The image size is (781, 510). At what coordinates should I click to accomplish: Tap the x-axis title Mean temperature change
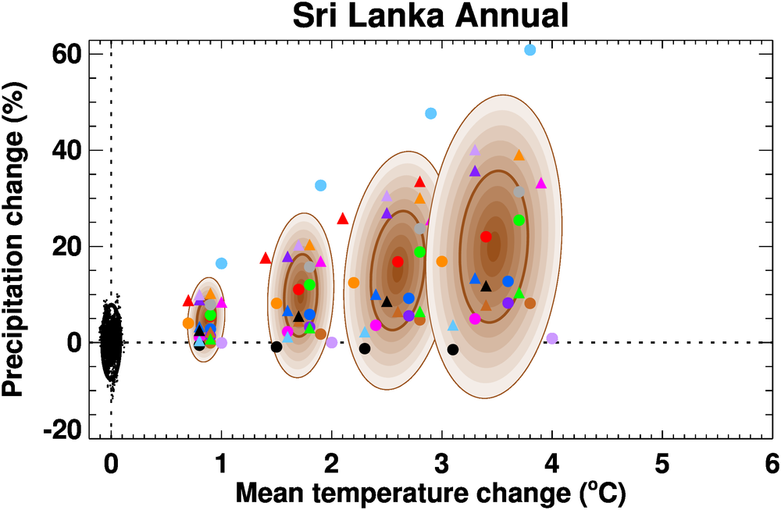click(430, 494)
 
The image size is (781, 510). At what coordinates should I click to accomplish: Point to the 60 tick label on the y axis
click(69, 55)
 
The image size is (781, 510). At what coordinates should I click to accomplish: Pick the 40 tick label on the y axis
click(69, 151)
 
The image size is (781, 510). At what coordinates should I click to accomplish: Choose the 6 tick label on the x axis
click(772, 464)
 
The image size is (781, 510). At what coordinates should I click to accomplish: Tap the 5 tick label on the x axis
click(662, 464)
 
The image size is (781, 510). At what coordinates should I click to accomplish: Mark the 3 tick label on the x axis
click(441, 464)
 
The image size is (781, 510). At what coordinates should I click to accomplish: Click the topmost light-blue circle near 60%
click(530, 50)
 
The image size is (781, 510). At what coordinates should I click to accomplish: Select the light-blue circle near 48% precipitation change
click(430, 114)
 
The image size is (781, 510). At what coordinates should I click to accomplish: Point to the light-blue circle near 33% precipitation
click(320, 185)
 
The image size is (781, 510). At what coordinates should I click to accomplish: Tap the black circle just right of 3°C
click(453, 349)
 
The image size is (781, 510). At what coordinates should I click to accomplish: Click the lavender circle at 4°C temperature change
click(552, 338)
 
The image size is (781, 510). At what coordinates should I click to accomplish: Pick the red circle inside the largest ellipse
click(486, 237)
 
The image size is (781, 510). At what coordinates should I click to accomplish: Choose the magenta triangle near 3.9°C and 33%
click(540, 184)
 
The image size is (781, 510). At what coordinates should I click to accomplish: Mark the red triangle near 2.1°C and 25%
click(342, 219)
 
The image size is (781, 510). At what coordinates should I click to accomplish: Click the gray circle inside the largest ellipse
click(519, 191)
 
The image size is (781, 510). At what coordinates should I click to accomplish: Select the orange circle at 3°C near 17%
click(442, 261)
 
